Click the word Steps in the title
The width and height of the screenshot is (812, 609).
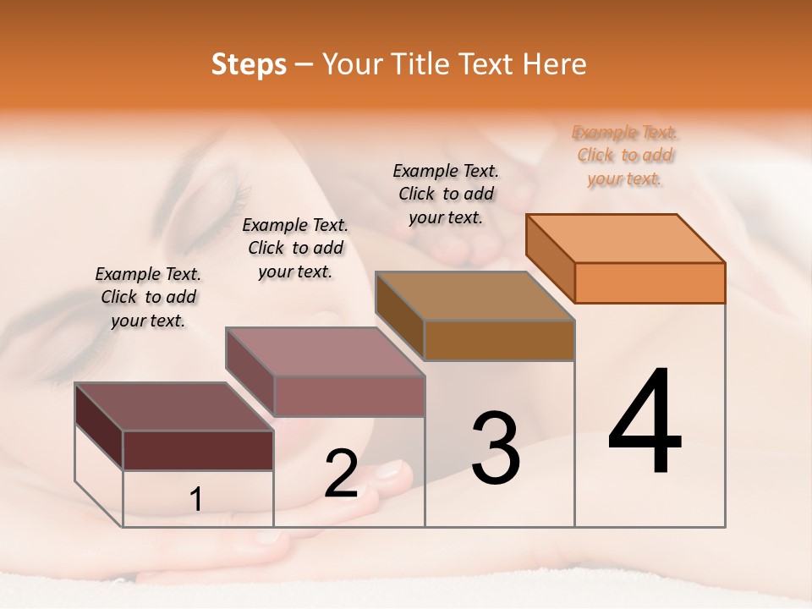[249, 64]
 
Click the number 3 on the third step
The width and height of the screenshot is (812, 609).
[495, 447]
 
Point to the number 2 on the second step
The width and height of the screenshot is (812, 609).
[341, 474]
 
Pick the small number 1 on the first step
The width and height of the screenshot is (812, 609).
[195, 500]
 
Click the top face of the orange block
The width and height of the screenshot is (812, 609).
[626, 238]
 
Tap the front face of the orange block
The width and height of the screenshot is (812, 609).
[650, 283]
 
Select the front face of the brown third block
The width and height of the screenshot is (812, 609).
[499, 340]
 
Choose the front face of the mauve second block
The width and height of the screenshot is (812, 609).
[348, 396]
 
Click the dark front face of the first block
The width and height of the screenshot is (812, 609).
[198, 450]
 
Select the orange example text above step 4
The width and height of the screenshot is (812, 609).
[625, 156]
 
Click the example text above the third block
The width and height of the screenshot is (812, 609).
[446, 195]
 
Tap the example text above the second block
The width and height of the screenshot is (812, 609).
[295, 248]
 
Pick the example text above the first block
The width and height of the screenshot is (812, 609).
[148, 297]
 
